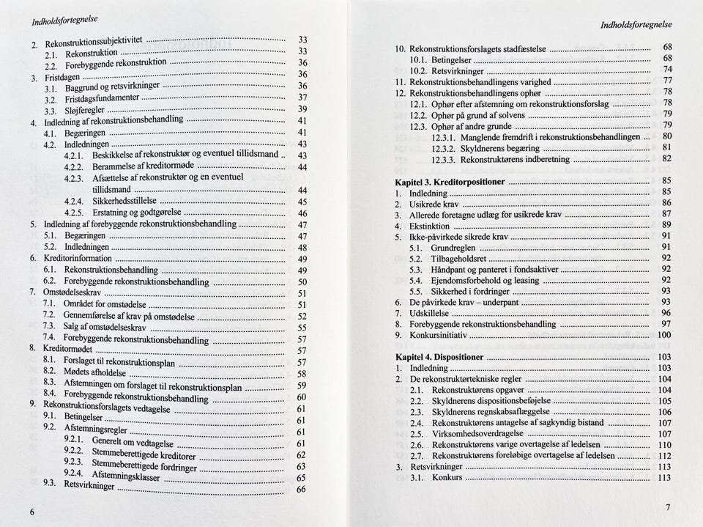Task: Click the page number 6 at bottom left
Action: [31, 511]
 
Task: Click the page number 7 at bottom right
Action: [667, 507]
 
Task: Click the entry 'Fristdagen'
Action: [64, 77]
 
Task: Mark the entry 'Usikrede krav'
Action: [436, 204]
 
